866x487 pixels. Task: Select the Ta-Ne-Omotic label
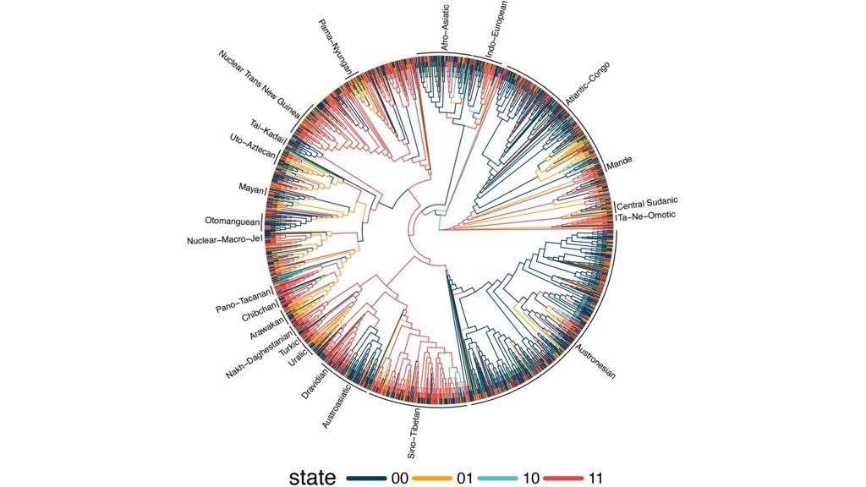(648, 216)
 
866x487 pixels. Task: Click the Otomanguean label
(232, 221)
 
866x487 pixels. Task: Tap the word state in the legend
(313, 477)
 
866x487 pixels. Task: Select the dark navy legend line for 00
(366, 478)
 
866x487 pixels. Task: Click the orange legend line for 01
(432, 478)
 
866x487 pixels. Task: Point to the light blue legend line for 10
(498, 478)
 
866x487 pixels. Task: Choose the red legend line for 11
(563, 478)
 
